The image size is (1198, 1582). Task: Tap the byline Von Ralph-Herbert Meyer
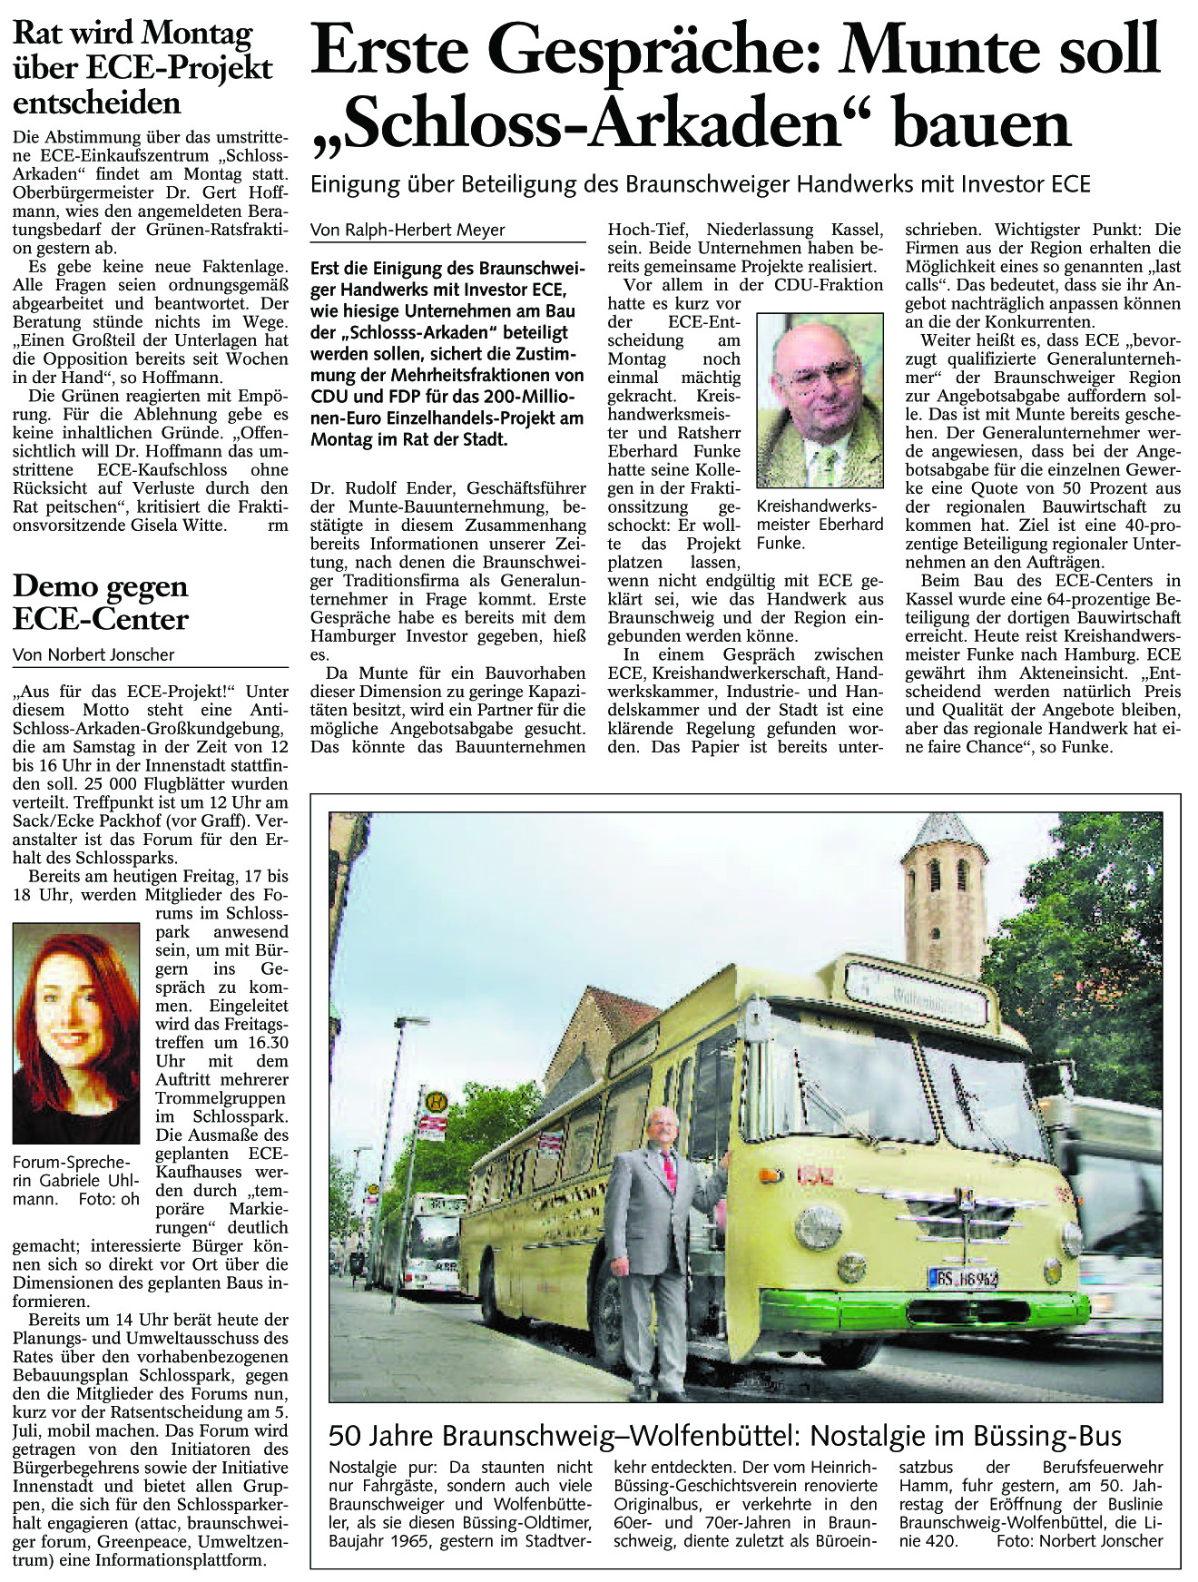pos(408,231)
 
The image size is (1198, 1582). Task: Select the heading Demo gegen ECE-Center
pos(101,603)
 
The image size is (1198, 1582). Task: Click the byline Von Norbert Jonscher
pos(93,654)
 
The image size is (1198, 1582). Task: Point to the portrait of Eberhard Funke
pos(820,400)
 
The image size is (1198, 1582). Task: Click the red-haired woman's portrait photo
pos(76,1033)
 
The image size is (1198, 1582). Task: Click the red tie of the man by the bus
pos(669,1171)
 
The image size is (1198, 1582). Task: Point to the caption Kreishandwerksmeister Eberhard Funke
pos(820,524)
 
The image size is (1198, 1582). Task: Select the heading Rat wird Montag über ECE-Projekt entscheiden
pos(142,68)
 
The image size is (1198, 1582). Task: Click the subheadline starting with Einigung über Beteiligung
pos(700,184)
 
